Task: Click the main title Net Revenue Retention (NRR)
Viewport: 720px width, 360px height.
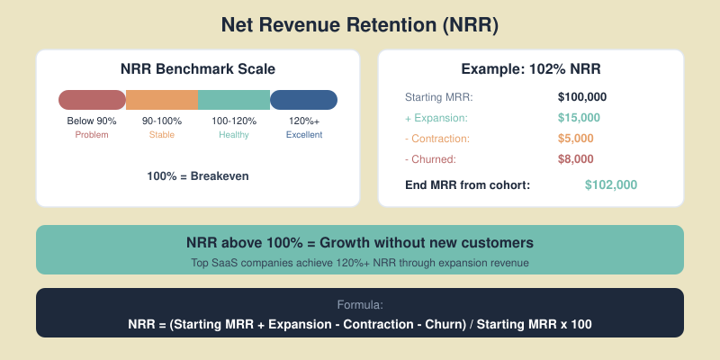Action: point(360,26)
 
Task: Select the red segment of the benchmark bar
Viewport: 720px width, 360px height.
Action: point(92,100)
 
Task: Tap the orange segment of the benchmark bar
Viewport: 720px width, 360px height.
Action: point(162,100)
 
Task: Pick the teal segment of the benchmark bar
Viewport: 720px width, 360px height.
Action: point(234,100)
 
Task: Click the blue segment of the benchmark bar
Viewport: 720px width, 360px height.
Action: point(303,100)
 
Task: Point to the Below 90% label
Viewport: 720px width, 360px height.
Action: point(92,121)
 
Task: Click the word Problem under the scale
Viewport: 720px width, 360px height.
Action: point(92,135)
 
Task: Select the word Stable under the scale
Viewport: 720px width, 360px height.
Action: point(162,135)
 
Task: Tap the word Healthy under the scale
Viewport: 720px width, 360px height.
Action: point(234,135)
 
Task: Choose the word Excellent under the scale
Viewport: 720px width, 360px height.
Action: point(303,135)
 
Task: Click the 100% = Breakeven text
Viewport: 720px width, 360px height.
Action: point(198,176)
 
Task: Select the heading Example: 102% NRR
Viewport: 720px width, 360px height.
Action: point(531,69)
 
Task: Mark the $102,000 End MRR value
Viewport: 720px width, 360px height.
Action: point(611,184)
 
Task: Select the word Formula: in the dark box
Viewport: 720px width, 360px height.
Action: point(360,305)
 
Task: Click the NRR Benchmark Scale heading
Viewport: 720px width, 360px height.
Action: point(198,69)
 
